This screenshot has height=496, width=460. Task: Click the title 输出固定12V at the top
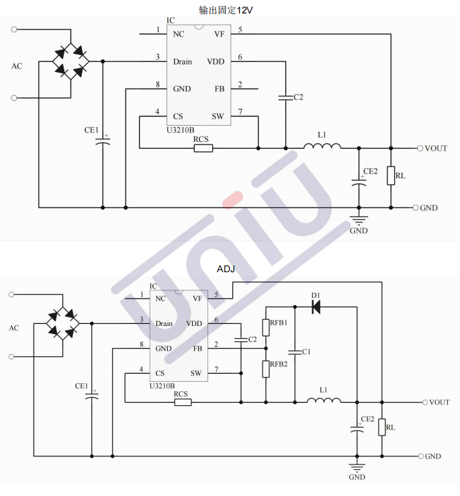pos(226,9)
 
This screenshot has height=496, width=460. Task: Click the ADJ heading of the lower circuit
pos(226,269)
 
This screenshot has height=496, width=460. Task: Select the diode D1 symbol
pos(316,306)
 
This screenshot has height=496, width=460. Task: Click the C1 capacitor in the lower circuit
pos(295,352)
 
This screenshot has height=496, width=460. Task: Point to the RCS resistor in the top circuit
pos(203,148)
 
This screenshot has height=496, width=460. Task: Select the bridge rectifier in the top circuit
pos(71,61)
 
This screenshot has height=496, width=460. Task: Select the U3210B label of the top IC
pos(181,130)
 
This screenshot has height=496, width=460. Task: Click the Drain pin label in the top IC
pos(182,61)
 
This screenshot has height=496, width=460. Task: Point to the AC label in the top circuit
pos(17,66)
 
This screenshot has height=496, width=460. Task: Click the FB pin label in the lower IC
pos(197,348)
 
